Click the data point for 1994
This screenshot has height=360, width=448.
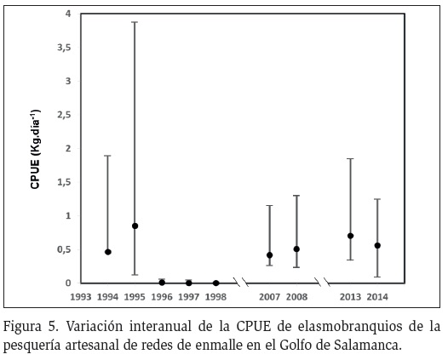[x=108, y=252]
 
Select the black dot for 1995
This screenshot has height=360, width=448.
[x=135, y=226]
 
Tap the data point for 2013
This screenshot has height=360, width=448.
[x=351, y=236]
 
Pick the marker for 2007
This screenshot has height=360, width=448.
[x=269, y=255]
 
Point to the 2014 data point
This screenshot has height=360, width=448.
[x=377, y=245]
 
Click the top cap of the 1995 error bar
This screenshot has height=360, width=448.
[x=135, y=22]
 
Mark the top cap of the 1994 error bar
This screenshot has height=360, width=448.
[x=108, y=156]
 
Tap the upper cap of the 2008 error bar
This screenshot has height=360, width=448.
[x=296, y=196]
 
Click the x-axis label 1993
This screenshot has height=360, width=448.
[x=81, y=297]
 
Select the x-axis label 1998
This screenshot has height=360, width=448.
[x=215, y=297]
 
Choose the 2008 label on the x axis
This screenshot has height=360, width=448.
[x=296, y=297]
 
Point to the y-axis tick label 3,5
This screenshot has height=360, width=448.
[x=64, y=48]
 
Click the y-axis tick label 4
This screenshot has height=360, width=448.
[x=68, y=14]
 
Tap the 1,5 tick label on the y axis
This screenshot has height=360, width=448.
[x=64, y=182]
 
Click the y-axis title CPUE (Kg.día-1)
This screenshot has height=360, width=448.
[x=35, y=149]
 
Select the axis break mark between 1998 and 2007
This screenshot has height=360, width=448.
[x=241, y=282]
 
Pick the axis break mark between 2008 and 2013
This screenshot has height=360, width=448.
[x=322, y=282]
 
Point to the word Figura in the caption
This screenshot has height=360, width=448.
[x=22, y=327]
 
